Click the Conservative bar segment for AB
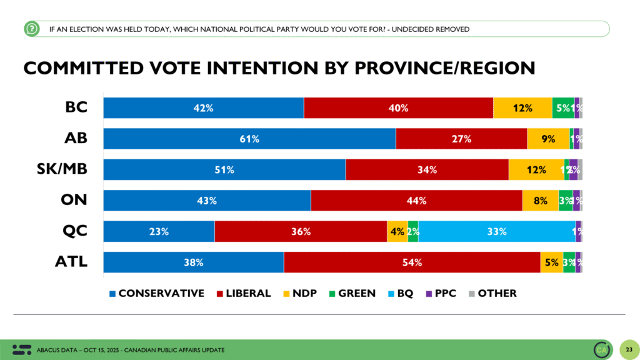pyautogui.click(x=249, y=139)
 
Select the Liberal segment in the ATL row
pyautogui.click(x=412, y=262)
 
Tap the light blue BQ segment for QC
pyautogui.click(x=497, y=231)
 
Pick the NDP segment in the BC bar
pyautogui.click(x=522, y=108)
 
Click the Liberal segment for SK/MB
pyautogui.click(x=427, y=169)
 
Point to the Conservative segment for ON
pyautogui.click(x=207, y=201)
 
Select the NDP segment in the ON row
pyautogui.click(x=540, y=201)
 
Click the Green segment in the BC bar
pyautogui.click(x=562, y=108)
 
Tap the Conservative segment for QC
pyautogui.click(x=159, y=231)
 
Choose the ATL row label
pyautogui.click(x=71, y=262)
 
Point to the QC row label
pyautogui.click(x=74, y=231)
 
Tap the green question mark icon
pyautogui.click(x=31, y=29)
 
